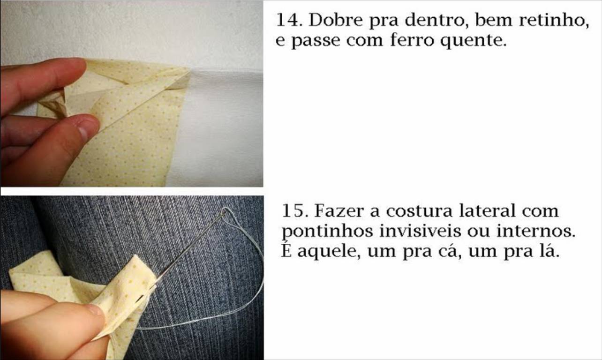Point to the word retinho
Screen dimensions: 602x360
pos(554,21)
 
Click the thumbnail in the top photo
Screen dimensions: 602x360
pos(87,129)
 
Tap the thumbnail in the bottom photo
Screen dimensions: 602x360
pos(94,309)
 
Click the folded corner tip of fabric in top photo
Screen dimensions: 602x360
pos(188,71)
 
